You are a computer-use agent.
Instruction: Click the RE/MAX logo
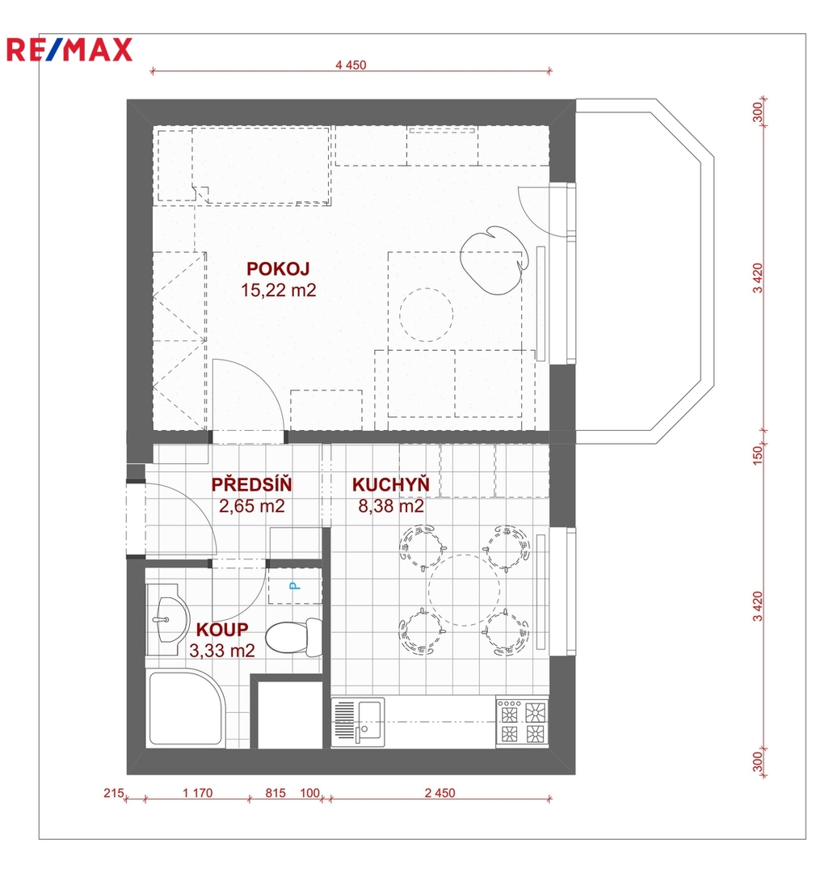tap(69, 49)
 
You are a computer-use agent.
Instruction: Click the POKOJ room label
tap(278, 269)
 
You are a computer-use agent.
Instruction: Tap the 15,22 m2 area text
tap(279, 290)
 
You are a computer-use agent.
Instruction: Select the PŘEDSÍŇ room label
tap(251, 484)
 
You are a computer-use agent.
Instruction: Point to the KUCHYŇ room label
tap(391, 484)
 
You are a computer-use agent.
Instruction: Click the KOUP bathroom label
tap(222, 629)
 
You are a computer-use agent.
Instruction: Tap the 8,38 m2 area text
tap(391, 506)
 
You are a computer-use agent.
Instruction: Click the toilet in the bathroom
tap(294, 637)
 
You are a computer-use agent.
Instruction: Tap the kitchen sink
tap(358, 722)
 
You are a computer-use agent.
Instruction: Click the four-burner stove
tap(522, 722)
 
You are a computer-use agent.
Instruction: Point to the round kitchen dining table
tap(464, 589)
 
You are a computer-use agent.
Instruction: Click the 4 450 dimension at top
tap(351, 65)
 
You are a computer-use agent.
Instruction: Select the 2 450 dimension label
tap(440, 793)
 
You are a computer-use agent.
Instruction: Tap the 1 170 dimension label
tap(197, 793)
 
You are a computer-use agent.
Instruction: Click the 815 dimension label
tap(276, 793)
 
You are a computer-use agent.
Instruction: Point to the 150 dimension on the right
tap(757, 455)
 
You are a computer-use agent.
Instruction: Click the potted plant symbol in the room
tap(494, 259)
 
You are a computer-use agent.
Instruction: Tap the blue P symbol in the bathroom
tap(294, 586)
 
